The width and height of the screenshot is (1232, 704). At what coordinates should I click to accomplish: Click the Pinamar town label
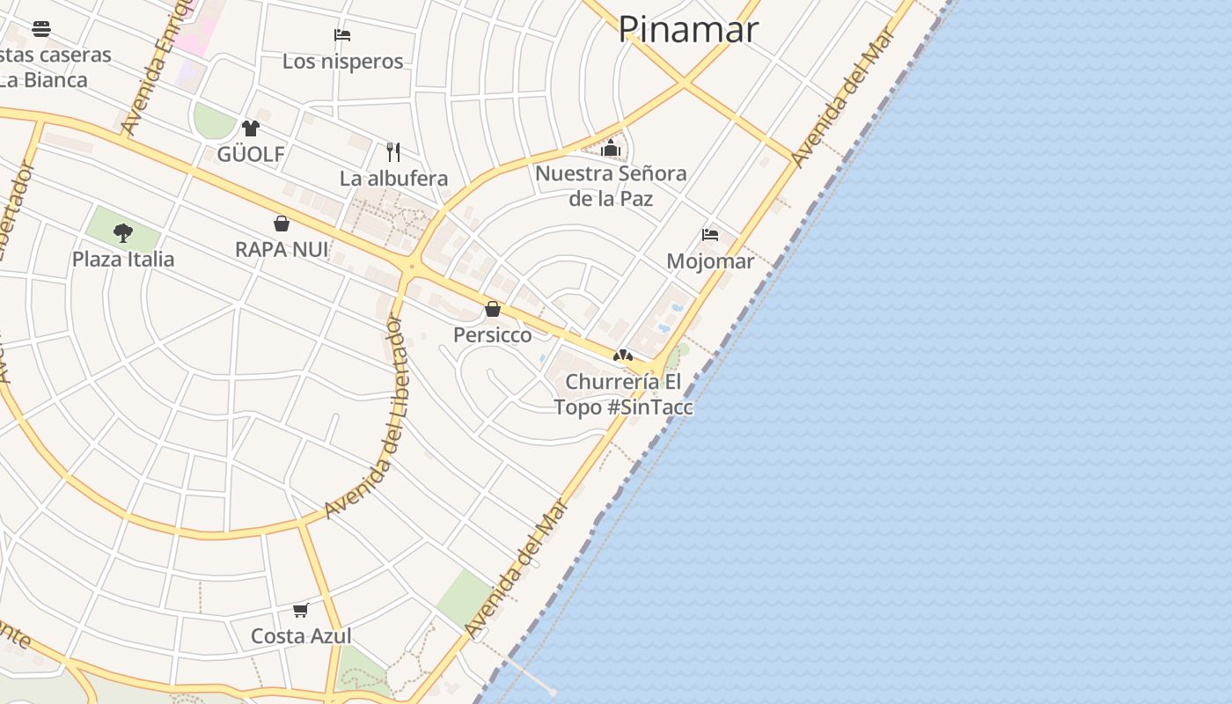(687, 29)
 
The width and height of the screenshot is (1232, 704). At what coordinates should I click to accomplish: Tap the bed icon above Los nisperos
(342, 35)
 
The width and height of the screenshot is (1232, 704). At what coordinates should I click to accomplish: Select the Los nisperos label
(342, 62)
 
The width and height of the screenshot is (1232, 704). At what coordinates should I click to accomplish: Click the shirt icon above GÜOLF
(251, 128)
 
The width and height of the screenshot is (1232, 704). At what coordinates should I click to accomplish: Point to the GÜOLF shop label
(251, 155)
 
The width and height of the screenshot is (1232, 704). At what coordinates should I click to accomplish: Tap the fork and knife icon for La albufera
(393, 151)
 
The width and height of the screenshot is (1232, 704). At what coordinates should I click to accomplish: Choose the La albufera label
(393, 179)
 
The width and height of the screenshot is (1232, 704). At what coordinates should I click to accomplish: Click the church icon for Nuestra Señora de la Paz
(611, 148)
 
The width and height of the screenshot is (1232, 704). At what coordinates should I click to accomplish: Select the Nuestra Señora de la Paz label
(611, 186)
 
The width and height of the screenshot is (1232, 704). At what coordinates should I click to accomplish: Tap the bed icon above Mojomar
(710, 235)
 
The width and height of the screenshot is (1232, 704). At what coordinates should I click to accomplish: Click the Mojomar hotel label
(710, 261)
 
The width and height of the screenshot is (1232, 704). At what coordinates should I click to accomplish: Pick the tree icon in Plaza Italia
(123, 233)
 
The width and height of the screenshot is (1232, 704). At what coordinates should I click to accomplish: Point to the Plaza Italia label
(123, 260)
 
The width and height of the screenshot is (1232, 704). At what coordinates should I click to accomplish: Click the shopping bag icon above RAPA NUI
(282, 224)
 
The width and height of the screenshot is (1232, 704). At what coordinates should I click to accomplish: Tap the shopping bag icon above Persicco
(493, 309)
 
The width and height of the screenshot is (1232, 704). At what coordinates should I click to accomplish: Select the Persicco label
(493, 335)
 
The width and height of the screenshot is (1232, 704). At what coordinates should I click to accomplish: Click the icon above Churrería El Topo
(623, 356)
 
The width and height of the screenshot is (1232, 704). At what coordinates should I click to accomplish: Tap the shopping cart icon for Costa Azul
(301, 610)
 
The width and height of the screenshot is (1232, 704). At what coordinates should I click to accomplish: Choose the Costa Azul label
(301, 636)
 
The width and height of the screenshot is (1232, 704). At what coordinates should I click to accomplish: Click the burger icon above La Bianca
(41, 29)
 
